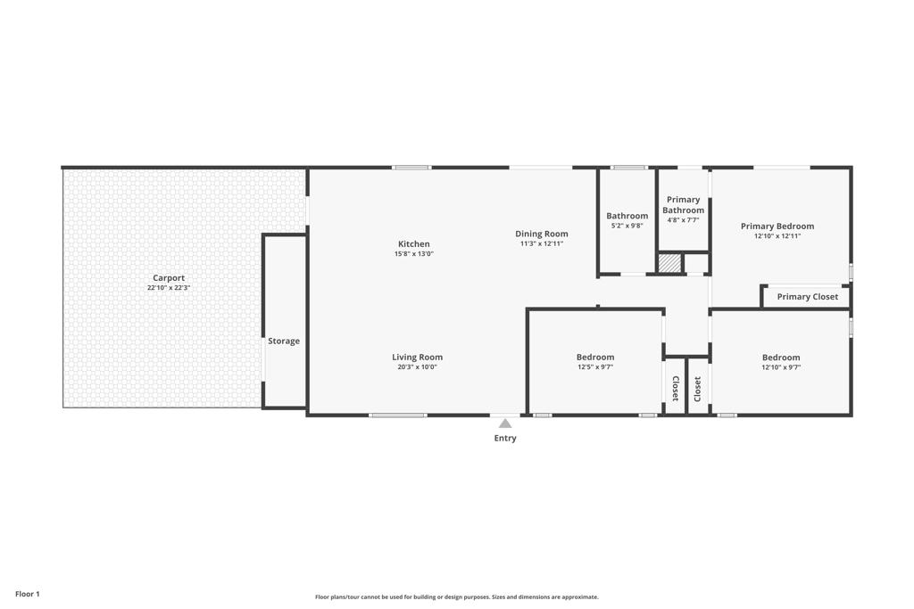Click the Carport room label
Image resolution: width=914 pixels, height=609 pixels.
point(169,278)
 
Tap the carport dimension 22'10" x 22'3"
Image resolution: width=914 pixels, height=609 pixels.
point(169,288)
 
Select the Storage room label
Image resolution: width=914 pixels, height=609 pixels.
point(284,342)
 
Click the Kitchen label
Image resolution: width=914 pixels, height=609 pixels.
point(413,244)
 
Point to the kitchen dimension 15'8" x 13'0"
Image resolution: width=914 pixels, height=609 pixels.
point(413,254)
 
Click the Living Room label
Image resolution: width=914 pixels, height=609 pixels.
point(417,358)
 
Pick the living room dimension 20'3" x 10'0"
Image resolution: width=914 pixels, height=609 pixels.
point(417,367)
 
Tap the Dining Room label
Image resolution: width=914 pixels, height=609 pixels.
point(541,234)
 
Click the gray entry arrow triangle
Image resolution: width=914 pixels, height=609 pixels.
point(505,424)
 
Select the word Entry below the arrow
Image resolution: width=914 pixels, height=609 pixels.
point(505,438)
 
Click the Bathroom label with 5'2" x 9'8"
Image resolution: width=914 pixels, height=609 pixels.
point(627,216)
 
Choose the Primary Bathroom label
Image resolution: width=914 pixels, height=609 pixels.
point(683,205)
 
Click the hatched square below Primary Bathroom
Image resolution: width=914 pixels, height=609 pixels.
point(669,264)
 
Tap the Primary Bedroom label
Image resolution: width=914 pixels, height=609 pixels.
point(777,226)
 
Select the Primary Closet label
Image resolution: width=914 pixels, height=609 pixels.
point(807,297)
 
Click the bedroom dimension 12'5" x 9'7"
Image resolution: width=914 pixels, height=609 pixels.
point(594,367)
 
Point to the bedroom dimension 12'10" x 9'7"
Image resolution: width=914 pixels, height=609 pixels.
point(780,367)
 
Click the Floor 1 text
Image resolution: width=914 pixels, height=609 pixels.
point(28,594)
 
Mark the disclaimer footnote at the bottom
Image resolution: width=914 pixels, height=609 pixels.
point(456,597)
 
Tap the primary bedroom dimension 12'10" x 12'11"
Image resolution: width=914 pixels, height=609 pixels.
point(777,236)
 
